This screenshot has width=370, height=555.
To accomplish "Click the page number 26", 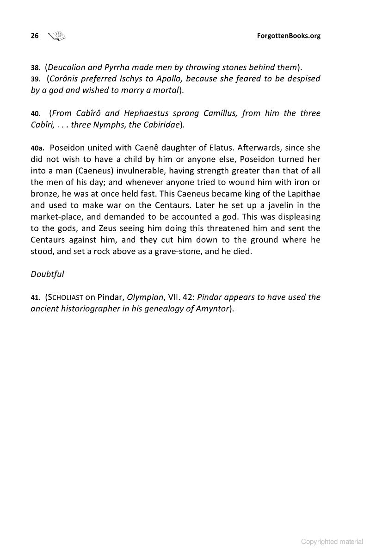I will point(34,36).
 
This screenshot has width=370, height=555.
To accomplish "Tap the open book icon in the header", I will point(57,35).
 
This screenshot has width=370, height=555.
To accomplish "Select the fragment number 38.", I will point(36,67).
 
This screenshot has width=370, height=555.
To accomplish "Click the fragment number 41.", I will point(36,297).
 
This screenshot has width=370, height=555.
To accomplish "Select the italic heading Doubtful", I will point(47,274).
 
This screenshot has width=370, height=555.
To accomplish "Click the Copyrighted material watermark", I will point(332,542).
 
